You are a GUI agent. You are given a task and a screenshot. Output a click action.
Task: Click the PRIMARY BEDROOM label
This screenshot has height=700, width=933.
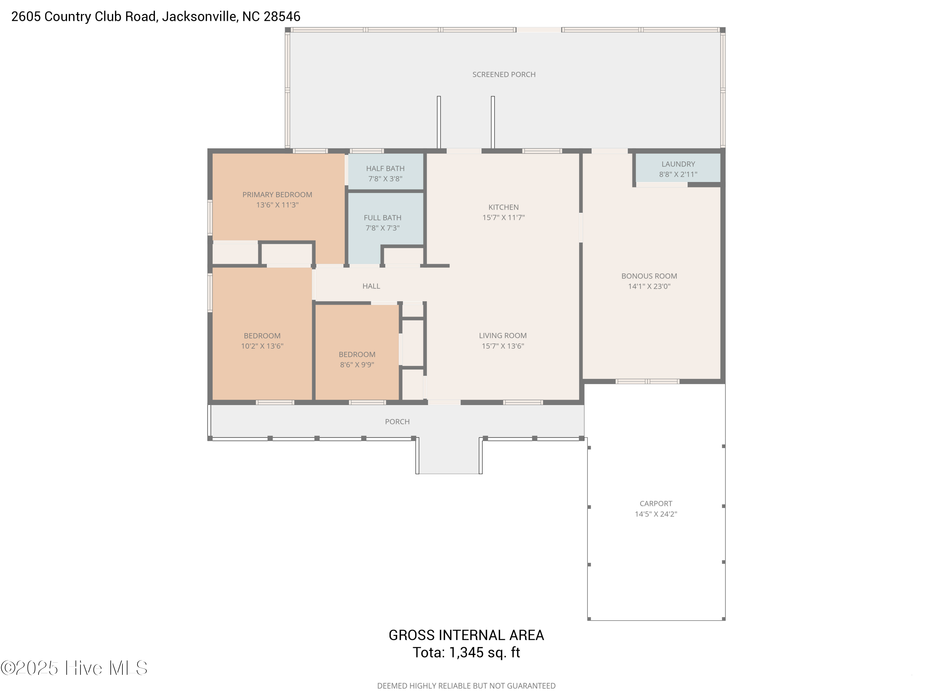coord(277,194)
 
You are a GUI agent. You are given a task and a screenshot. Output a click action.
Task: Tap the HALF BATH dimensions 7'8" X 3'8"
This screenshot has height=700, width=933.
coord(385,179)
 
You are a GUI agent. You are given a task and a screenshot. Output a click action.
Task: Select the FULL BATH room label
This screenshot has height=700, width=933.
coord(383,218)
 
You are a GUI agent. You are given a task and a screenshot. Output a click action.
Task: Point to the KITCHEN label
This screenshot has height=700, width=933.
coord(503,207)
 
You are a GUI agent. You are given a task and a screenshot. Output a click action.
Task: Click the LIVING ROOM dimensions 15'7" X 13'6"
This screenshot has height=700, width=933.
coord(503,346)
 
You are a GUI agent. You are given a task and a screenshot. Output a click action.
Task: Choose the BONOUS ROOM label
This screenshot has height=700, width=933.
coord(649,276)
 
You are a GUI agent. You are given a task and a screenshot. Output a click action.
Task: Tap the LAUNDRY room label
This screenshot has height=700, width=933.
coord(678,164)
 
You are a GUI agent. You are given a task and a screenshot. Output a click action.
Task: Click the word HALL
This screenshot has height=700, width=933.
coord(371,286)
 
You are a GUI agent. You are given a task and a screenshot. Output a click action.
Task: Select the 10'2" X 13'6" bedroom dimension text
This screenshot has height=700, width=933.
coord(262,346)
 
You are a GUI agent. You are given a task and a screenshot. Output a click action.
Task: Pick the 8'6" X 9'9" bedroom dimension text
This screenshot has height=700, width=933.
coord(357,365)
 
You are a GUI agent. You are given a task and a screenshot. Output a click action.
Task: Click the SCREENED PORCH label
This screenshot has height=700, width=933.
coord(504,75)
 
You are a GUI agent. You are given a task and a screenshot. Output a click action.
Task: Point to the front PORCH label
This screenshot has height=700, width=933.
coord(397,422)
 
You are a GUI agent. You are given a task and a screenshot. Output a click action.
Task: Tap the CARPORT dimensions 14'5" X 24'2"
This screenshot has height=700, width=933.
coord(656,514)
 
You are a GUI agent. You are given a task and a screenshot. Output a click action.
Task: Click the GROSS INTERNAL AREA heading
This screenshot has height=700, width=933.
coord(466,635)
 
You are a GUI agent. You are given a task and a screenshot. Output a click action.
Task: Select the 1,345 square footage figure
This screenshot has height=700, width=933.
coord(466,652)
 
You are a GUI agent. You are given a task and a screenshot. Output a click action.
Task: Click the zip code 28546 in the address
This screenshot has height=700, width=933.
coord(282,16)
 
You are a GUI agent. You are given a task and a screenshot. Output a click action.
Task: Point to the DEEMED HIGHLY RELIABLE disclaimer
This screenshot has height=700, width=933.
coord(466,686)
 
